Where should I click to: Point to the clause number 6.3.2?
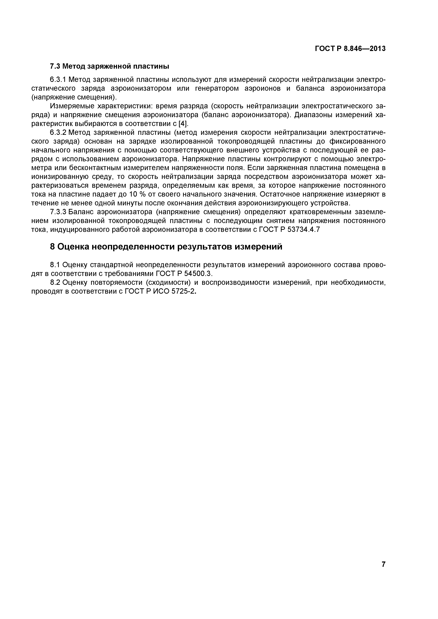(x=58, y=133)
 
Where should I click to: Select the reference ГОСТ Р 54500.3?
(x=184, y=274)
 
